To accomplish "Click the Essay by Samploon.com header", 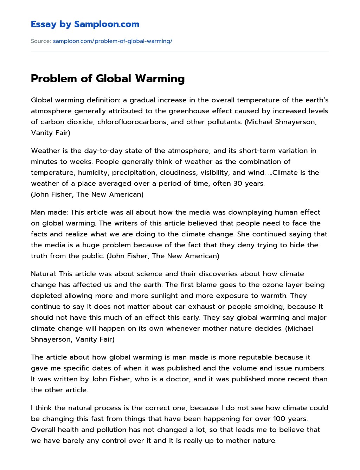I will (85, 24).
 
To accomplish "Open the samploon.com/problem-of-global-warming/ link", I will (112, 41).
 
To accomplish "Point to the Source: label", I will (41, 41).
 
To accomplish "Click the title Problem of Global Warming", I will (108, 78).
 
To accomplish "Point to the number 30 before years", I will (238, 184).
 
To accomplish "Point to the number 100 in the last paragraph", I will (279, 419).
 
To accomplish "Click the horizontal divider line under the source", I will (180, 51).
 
